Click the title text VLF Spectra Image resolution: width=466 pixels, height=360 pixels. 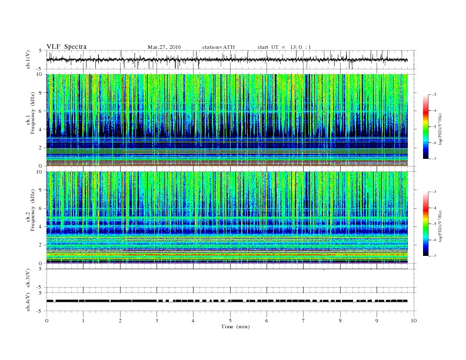pos(66,46)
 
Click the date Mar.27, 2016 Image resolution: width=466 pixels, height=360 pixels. pos(165,46)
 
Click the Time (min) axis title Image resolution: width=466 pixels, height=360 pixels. pos(230,326)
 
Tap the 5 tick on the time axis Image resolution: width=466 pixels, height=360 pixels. pos(230,321)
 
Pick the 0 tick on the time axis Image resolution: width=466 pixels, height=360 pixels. pos(46,321)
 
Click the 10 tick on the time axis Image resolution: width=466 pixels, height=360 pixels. pos(414,321)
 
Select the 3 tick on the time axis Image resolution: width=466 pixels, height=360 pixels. pos(157,321)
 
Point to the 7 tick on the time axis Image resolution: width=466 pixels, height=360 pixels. pos(304,321)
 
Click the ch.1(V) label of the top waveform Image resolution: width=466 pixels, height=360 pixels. pos(28,60)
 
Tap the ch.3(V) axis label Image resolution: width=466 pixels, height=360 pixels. pos(28,279)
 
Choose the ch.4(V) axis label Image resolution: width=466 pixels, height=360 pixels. pos(28,301)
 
